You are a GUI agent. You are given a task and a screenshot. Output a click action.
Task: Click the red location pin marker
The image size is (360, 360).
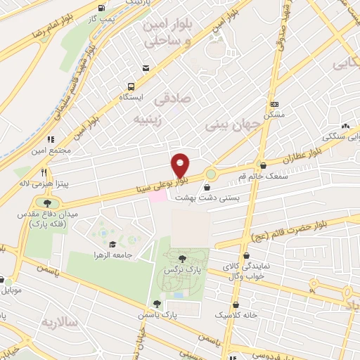tap(181, 165)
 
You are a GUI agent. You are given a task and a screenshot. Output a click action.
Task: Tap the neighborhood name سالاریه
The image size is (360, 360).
tap(58, 322)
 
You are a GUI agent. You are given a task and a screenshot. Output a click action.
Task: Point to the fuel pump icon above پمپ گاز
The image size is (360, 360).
tap(103, 9)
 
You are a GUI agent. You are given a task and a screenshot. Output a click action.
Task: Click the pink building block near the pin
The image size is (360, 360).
tap(157, 196)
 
